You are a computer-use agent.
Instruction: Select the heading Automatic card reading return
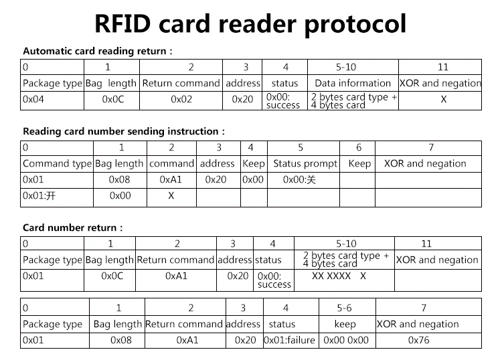click(98, 51)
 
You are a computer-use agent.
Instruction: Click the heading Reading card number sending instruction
click(124, 131)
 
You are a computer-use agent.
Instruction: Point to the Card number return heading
click(72, 228)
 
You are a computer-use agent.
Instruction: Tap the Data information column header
click(352, 83)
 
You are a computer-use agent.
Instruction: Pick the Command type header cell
click(57, 163)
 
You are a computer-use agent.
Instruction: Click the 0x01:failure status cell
click(289, 340)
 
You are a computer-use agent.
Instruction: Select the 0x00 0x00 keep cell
click(345, 340)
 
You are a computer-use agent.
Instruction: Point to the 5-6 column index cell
click(344, 308)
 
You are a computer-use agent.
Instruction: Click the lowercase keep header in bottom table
click(345, 324)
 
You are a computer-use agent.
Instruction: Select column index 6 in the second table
click(359, 147)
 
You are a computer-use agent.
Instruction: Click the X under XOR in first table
click(443, 99)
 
